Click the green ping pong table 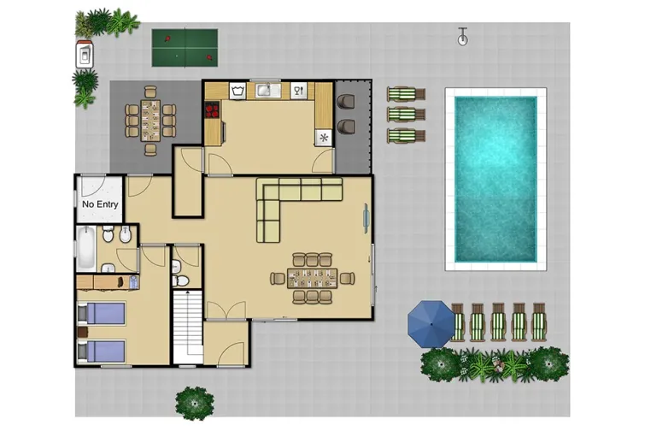185,48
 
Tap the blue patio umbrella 431,324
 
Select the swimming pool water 495,179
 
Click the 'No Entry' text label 100,204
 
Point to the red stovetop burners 212,109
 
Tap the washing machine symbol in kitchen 237,91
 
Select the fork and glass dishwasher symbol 299,91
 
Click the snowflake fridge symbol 324,138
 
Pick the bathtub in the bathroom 86,248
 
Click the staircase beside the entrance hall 188,327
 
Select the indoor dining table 312,279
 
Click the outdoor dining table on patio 150,121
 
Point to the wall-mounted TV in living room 366,218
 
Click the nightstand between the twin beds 83,332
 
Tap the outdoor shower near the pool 463,36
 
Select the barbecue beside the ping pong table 85,55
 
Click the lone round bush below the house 195,404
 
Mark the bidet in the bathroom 126,234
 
